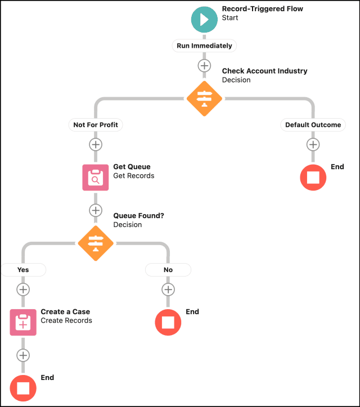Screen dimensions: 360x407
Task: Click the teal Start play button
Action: [204, 20]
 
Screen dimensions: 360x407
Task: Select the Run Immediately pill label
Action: [204, 46]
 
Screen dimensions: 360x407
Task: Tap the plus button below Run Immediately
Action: [204, 66]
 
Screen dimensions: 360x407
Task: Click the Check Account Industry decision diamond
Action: [204, 98]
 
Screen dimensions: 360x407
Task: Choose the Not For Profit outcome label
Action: [96, 125]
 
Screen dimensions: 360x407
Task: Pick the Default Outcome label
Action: [313, 125]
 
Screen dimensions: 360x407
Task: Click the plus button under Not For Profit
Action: [96, 144]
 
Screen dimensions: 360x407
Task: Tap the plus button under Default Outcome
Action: [313, 144]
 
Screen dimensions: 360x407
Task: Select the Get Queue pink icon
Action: [96, 178]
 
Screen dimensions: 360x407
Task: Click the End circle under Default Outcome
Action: [313, 178]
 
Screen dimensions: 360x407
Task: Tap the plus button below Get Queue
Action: [96, 210]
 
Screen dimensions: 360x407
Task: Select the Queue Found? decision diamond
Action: [96, 243]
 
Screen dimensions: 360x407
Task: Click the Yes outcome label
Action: [23, 270]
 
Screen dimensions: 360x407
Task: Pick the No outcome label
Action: [168, 270]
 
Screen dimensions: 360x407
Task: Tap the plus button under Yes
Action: [23, 290]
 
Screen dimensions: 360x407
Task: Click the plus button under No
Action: [168, 290]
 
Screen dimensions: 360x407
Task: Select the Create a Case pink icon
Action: [23, 322]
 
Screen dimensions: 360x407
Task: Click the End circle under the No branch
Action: [168, 322]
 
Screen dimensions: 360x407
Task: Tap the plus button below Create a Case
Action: [23, 355]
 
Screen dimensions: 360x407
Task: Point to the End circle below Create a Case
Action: [23, 388]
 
